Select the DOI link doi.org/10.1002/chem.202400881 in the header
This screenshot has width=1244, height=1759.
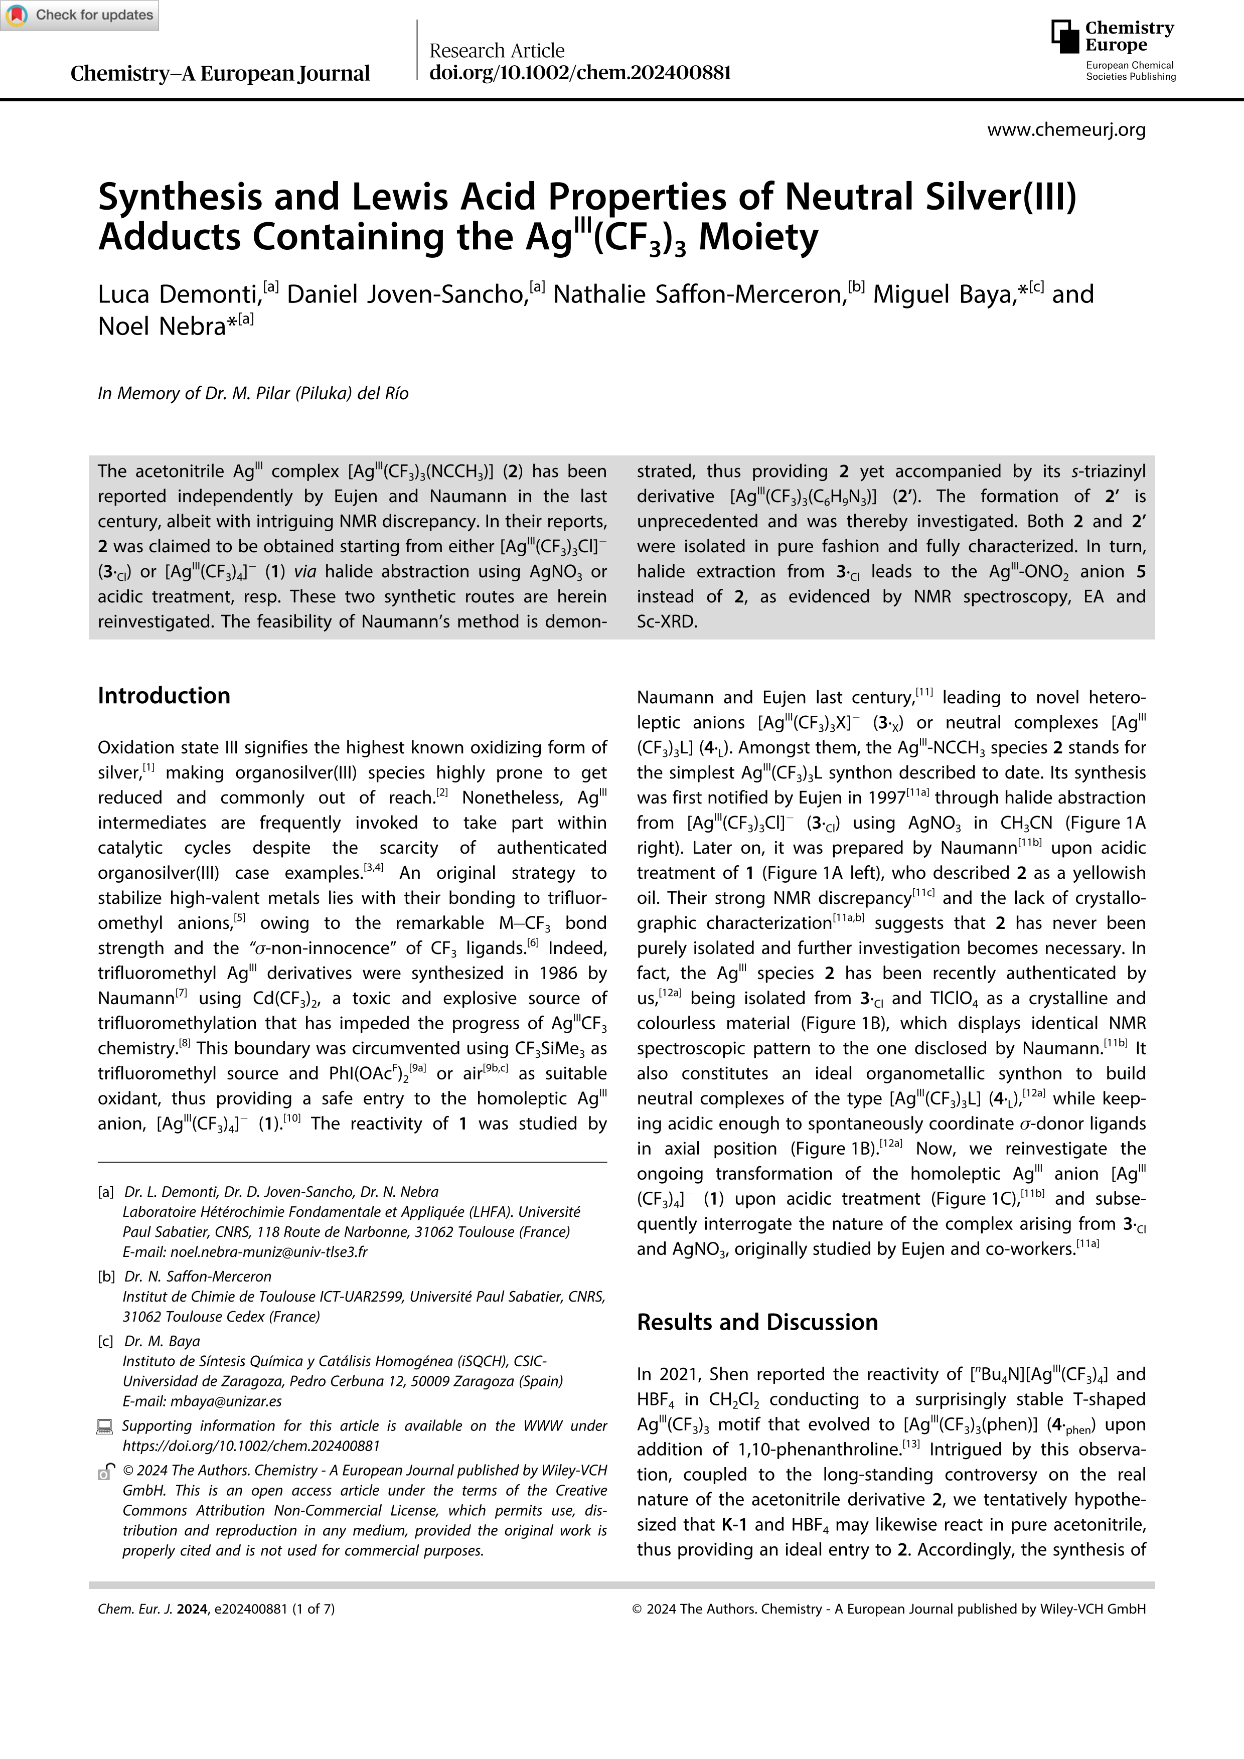pos(580,73)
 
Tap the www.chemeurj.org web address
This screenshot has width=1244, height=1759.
pos(1066,129)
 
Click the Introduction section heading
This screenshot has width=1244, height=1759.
pos(164,696)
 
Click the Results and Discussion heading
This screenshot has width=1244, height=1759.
pos(757,1322)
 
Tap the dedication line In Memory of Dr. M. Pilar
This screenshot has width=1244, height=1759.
pos(253,394)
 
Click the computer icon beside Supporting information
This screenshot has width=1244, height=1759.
pos(105,1426)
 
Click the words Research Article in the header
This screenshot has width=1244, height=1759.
pos(497,51)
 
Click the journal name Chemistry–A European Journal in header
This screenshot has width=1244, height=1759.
pos(220,74)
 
